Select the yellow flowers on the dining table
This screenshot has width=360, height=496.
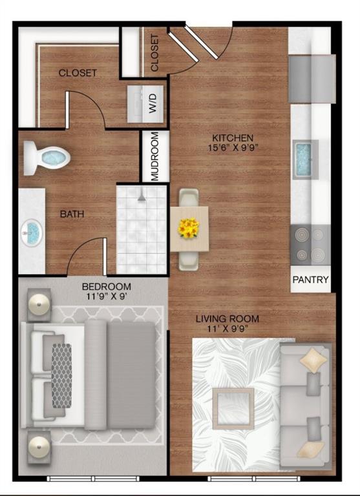click(189, 228)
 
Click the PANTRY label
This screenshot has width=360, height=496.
click(311, 280)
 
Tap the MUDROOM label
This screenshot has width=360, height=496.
click(155, 157)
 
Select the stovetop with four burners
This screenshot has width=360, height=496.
click(310, 244)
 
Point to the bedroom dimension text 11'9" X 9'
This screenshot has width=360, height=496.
click(106, 297)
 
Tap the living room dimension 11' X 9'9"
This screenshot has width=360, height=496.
click(228, 329)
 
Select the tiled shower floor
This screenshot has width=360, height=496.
click(142, 229)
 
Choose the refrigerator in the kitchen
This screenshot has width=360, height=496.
click(312, 79)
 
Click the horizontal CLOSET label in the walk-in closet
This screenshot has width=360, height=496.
click(78, 73)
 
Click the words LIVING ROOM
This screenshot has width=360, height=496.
click(228, 318)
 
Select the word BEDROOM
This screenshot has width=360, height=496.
click(106, 287)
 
